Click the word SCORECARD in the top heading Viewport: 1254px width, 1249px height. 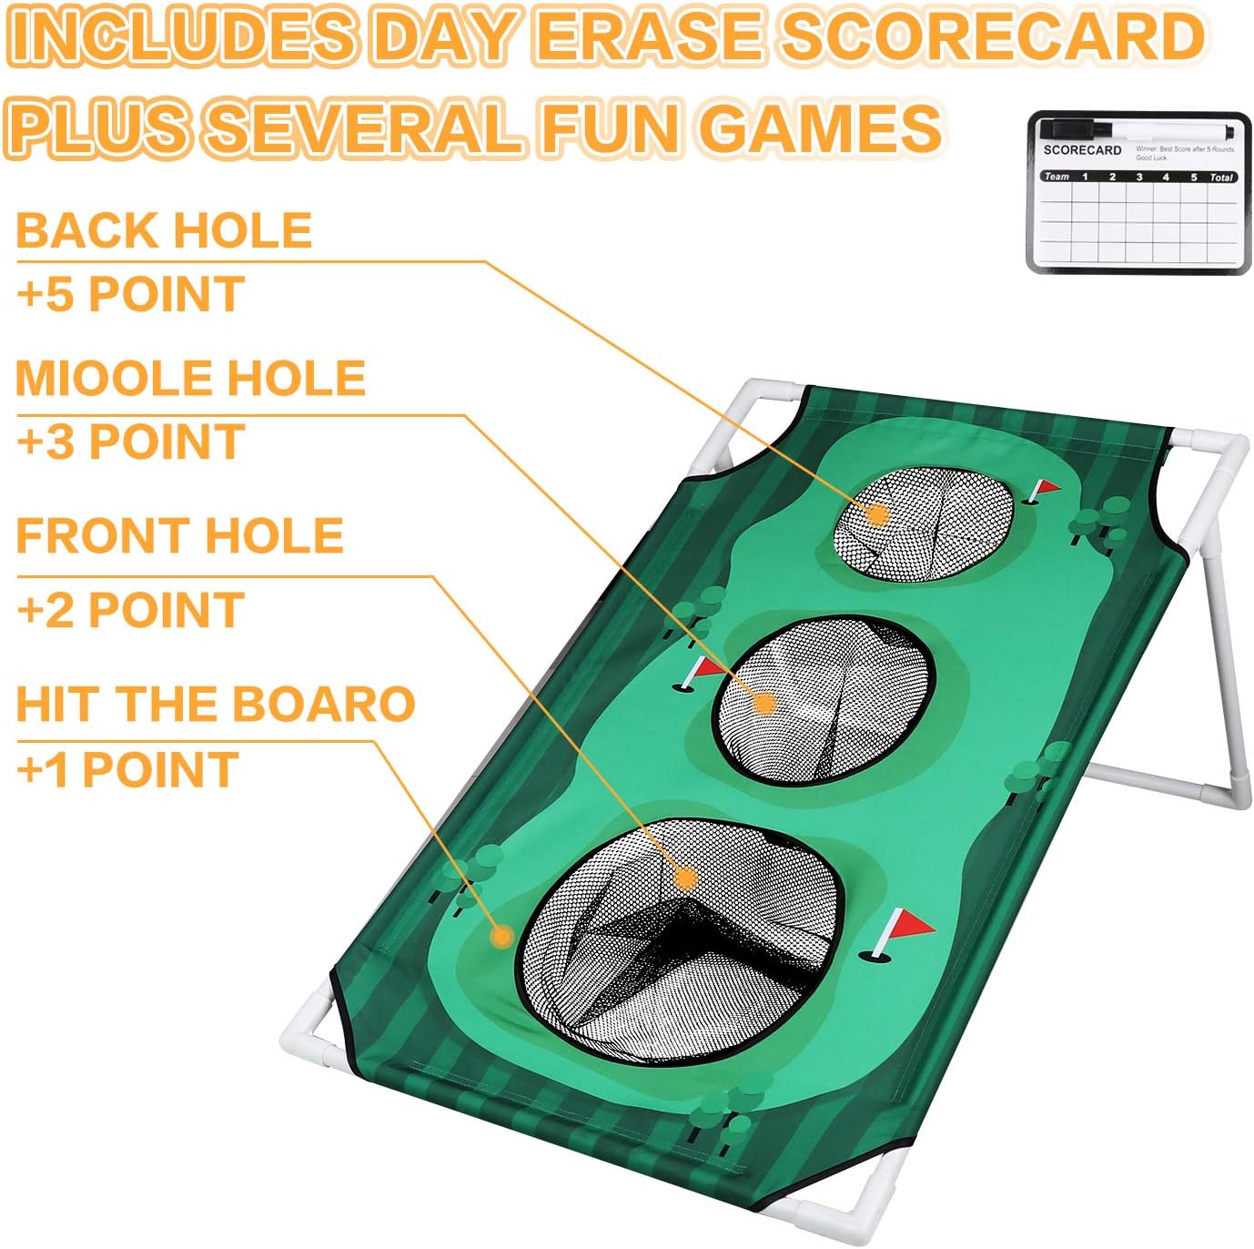click(x=993, y=36)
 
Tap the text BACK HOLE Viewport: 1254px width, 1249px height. click(x=164, y=230)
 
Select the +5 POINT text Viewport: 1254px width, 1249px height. click(x=130, y=294)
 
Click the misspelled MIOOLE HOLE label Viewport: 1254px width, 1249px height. click(x=190, y=378)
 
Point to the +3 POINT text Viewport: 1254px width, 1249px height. click(x=130, y=442)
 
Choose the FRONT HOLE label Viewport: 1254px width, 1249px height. click(x=179, y=535)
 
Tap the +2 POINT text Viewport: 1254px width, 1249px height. click(x=130, y=609)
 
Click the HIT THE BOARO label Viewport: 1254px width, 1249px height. click(x=216, y=704)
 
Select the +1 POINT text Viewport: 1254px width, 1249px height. click(x=127, y=769)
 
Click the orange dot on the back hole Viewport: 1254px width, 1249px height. click(x=877, y=515)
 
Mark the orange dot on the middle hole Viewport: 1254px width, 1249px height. click(x=764, y=703)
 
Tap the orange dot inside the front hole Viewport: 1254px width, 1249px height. click(x=686, y=878)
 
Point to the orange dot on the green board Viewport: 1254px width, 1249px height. click(x=501, y=936)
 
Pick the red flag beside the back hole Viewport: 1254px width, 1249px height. click(x=1047, y=488)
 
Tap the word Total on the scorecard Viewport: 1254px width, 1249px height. click(x=1221, y=177)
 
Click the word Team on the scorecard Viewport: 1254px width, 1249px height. click(x=1056, y=177)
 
